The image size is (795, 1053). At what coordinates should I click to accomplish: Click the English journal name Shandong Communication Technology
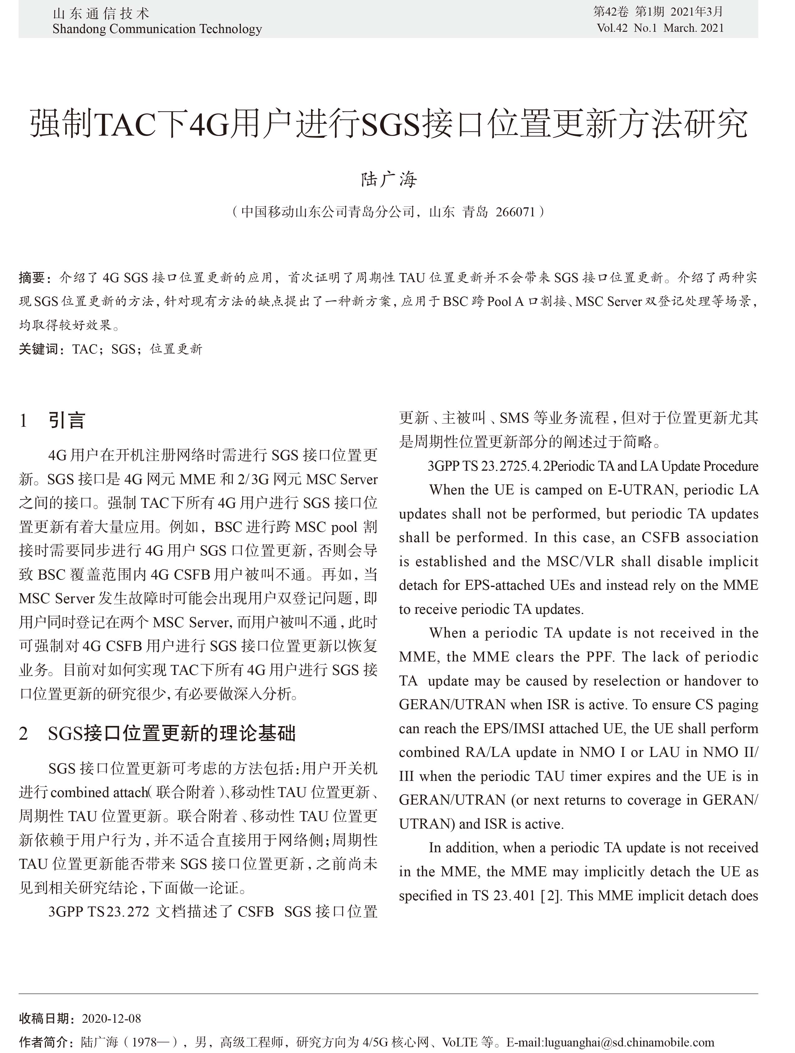tap(157, 29)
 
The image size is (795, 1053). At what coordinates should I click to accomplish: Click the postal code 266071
tap(515, 212)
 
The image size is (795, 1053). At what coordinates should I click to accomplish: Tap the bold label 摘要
tap(32, 277)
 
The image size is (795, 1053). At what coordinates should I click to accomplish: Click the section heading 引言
tap(67, 420)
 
